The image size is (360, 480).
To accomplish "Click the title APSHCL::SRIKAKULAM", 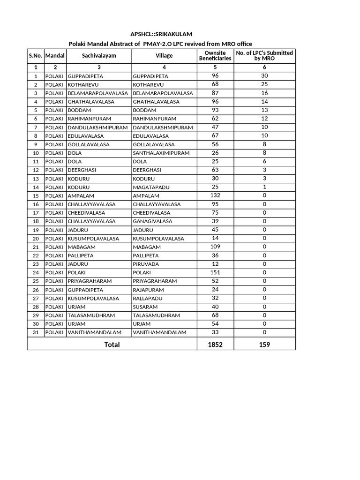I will tap(160, 34).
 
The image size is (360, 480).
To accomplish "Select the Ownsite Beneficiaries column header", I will tap(215, 56).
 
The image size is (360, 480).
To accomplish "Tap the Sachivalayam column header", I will tap(99, 56).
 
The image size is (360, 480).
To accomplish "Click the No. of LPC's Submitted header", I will tap(264, 56).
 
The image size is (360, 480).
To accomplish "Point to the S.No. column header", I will tap(36, 56).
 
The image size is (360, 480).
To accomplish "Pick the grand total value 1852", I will tap(215, 345).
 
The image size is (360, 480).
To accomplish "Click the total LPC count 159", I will tap(264, 345).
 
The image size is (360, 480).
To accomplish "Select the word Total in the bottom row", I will tap(112, 345).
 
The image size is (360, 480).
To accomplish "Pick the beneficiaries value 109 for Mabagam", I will tap(215, 247).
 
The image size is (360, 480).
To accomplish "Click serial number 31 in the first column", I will tap(36, 333).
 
